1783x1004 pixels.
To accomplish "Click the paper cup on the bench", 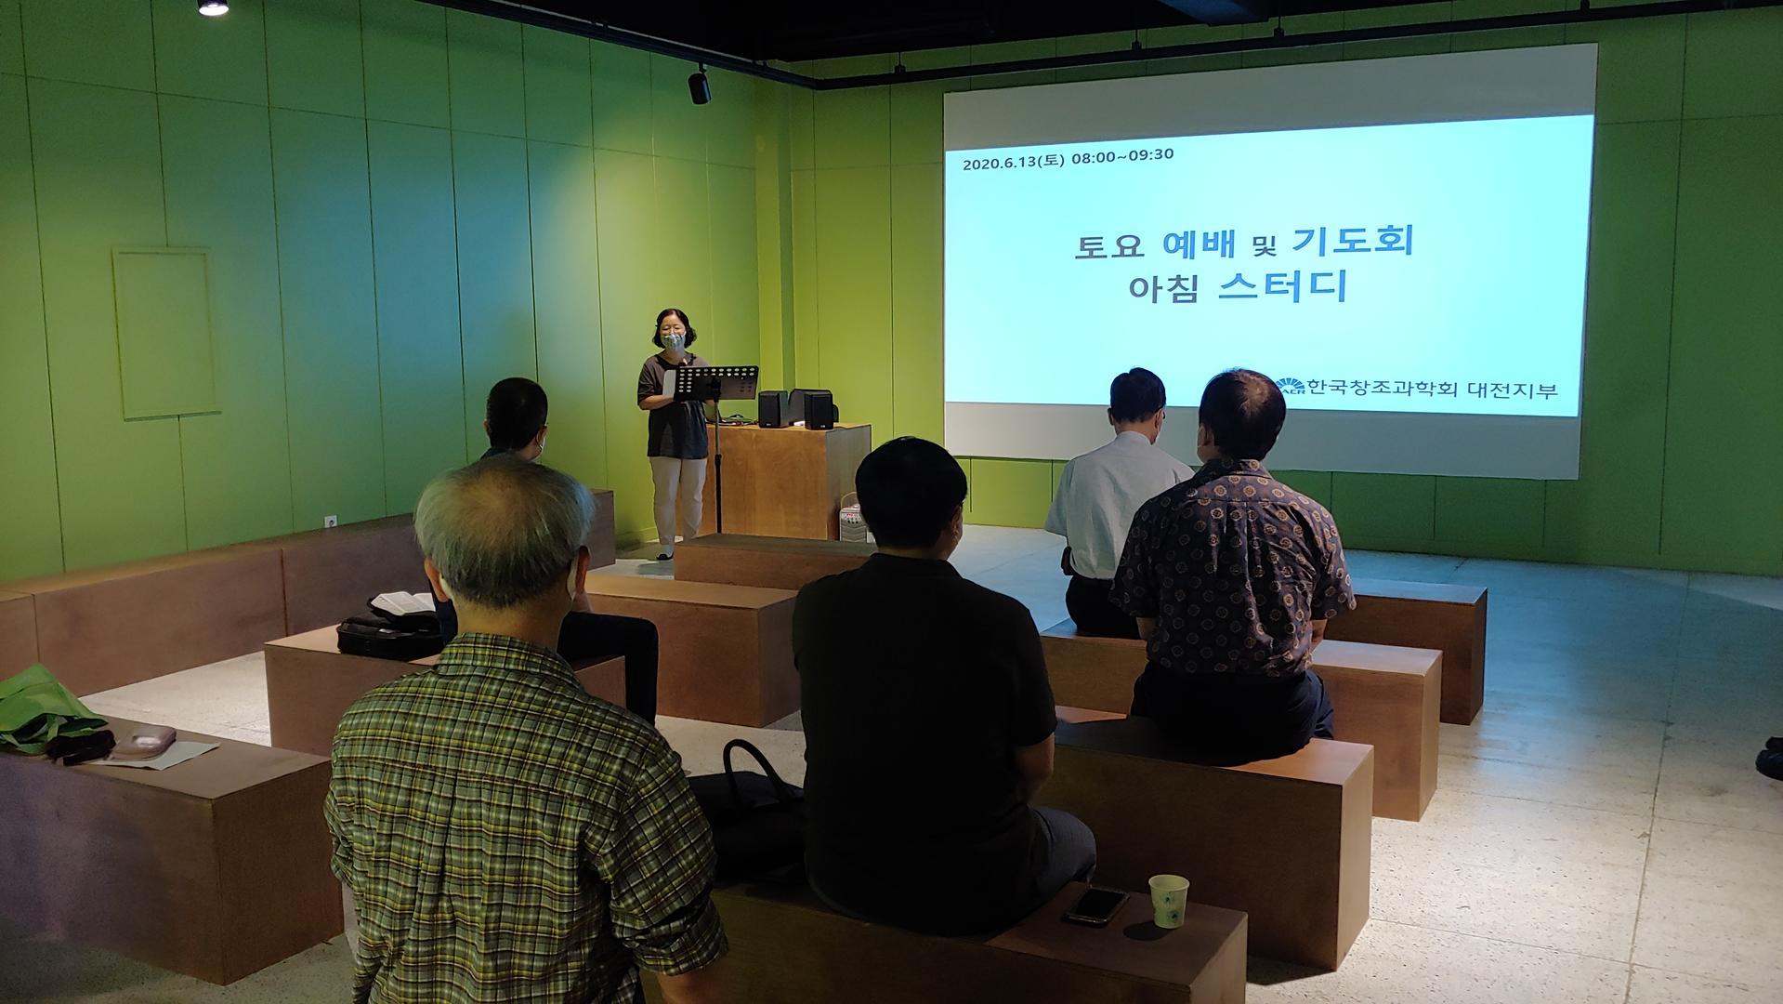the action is pos(1168,901).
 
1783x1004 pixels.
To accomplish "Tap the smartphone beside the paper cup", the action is pos(1096,905).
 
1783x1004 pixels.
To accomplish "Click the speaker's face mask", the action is pos(674,341).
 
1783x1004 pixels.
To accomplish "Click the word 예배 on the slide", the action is pos(1200,243).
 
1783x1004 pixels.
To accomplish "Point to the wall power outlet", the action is pos(330,522).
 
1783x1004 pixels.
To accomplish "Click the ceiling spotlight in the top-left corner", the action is pos(213,7).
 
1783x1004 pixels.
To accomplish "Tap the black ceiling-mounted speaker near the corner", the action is pos(700,86).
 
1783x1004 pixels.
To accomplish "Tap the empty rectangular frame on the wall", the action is pos(166,332).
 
